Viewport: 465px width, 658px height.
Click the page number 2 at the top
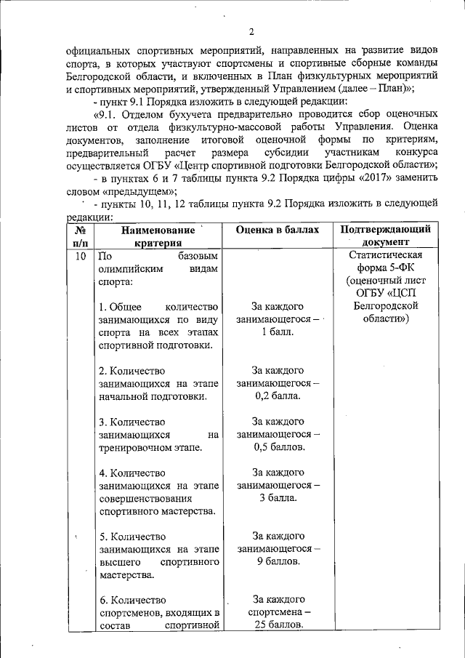251,31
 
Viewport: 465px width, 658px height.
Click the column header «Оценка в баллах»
278,230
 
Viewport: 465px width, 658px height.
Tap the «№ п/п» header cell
81,236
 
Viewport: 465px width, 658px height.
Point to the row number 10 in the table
81,256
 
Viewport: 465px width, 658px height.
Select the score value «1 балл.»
278,332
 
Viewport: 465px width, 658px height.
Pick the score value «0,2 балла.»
278,396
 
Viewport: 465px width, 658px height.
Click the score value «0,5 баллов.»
278,447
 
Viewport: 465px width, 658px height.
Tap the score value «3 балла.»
278,498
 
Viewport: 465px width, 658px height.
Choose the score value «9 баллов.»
278,562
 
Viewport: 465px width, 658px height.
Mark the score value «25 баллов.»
278,626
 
